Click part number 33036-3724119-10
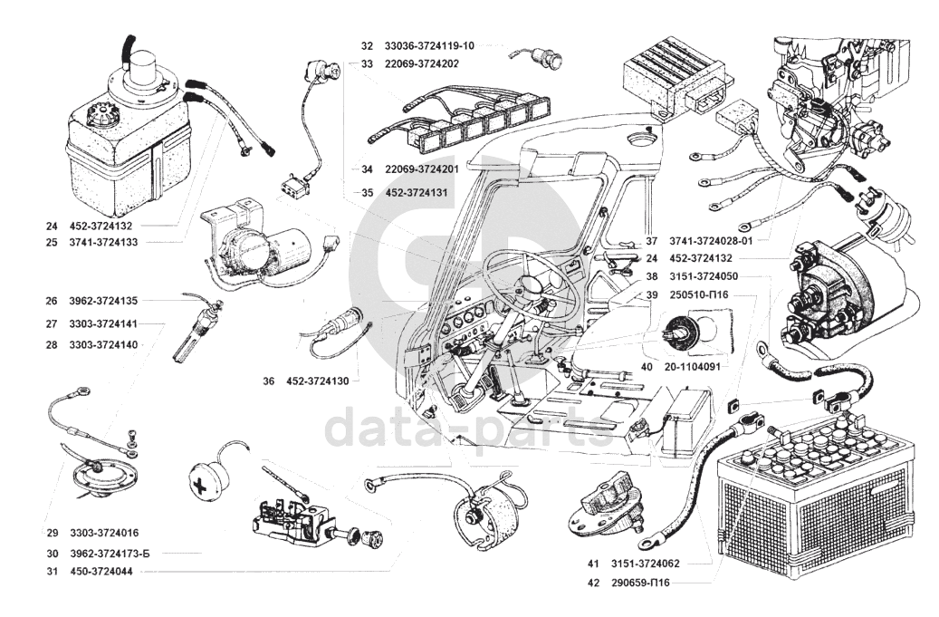point(429,45)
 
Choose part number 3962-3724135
point(103,301)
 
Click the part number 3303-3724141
point(103,323)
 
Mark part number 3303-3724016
point(103,533)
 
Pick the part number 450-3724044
point(100,572)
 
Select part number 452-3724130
point(316,381)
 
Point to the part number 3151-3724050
point(704,276)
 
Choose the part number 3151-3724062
point(646,564)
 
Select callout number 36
point(268,381)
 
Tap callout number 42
point(593,583)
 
